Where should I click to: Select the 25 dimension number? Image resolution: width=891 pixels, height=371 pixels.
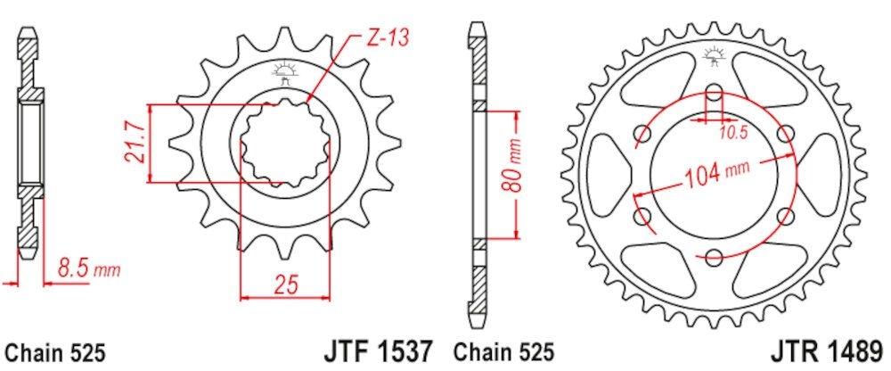(285, 284)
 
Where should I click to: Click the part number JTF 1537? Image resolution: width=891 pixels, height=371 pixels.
(378, 351)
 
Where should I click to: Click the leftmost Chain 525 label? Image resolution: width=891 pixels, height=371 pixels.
(55, 353)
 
